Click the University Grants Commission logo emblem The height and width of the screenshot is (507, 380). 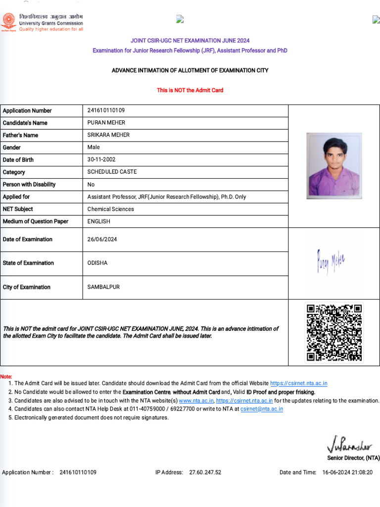click(8, 22)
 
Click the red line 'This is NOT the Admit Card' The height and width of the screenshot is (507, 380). click(190, 90)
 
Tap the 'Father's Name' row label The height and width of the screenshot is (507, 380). click(20, 135)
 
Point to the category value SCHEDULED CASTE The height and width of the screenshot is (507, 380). click(112, 172)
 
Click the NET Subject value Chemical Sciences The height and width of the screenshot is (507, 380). click(110, 209)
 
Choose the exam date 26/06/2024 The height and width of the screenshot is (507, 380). click(102, 239)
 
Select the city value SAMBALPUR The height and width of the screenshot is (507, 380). click(103, 287)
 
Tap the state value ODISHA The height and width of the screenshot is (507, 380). click(97, 263)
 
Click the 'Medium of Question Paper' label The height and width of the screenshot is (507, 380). click(36, 221)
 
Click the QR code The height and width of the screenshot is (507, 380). click(334, 332)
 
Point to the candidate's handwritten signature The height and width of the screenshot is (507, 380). click(331, 262)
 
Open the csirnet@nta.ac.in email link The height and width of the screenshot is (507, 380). click(262, 409)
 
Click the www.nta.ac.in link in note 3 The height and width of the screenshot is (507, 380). click(196, 401)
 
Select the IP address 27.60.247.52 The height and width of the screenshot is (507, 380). click(205, 472)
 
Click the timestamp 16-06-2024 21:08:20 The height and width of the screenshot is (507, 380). click(347, 472)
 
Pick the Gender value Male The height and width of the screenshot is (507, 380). click(94, 147)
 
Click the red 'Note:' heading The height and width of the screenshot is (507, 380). click(6, 377)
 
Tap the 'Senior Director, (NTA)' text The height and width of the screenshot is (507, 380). click(353, 458)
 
